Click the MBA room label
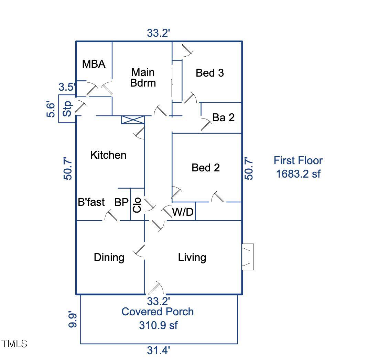[x=94, y=64]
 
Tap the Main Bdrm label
[x=143, y=78]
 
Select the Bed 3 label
[x=210, y=73]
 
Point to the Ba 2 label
[x=223, y=117]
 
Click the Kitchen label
[x=108, y=155]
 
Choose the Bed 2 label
[x=206, y=168]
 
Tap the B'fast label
[x=91, y=202]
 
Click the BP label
[x=121, y=203]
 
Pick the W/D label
[x=183, y=212]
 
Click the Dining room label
[x=109, y=257]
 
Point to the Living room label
[x=192, y=257]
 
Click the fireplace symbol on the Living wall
[x=247, y=257]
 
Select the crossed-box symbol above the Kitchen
[x=133, y=120]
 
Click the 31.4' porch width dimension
[x=159, y=351]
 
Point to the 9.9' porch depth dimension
[x=72, y=319]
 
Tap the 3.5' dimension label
[x=66, y=87]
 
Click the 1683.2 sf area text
[x=298, y=174]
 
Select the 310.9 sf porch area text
[x=158, y=325]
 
